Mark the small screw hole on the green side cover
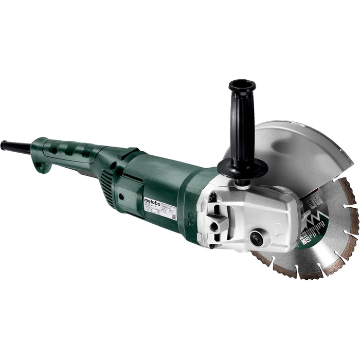pos(121,196)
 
